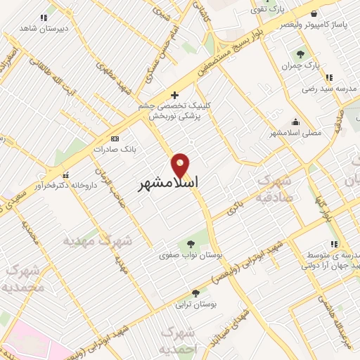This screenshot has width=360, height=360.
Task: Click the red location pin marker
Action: pyautogui.click(x=181, y=165)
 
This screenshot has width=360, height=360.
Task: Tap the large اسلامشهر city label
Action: pyautogui.click(x=167, y=182)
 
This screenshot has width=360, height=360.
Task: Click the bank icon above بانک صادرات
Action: pyautogui.click(x=115, y=139)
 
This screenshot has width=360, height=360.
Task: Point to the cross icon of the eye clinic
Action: pyautogui.click(x=175, y=95)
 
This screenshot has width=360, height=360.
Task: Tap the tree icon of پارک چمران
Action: pyautogui.click(x=300, y=54)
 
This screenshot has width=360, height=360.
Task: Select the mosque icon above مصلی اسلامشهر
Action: pyautogui.click(x=295, y=120)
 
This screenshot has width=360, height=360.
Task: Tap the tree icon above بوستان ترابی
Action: pyautogui.click(x=195, y=292)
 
